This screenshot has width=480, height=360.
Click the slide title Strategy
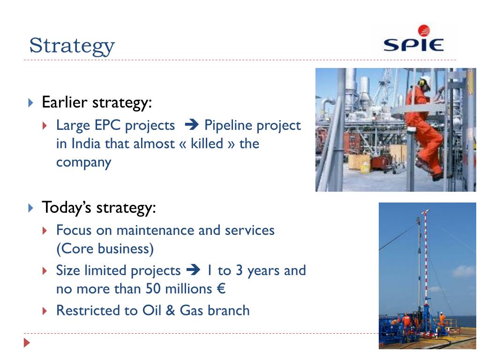click(72, 46)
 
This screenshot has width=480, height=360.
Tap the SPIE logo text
click(413, 45)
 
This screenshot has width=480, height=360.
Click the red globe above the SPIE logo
click(424, 30)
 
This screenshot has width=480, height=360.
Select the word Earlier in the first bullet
click(65, 102)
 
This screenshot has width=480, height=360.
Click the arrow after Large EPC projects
click(192, 125)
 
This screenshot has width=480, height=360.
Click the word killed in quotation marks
click(207, 143)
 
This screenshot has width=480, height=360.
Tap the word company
click(83, 163)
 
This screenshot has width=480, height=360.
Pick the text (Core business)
click(105, 248)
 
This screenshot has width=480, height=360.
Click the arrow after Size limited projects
click(194, 270)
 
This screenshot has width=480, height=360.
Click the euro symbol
click(221, 289)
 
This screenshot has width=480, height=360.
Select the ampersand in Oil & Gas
click(170, 310)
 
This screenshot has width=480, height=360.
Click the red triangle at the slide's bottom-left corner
click(27, 343)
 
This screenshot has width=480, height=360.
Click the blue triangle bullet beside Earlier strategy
click(30, 103)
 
